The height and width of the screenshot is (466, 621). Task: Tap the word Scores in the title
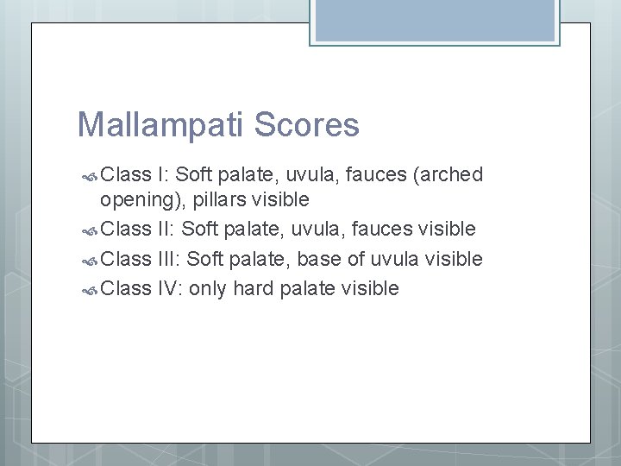click(x=308, y=124)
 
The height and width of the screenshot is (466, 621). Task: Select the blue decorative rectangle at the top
click(x=435, y=20)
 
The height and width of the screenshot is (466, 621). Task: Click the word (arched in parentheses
click(x=448, y=175)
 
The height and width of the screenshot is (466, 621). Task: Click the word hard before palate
click(x=253, y=287)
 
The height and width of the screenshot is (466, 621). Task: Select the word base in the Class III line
click(x=317, y=258)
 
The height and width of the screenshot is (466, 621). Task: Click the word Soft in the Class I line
click(x=194, y=174)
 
